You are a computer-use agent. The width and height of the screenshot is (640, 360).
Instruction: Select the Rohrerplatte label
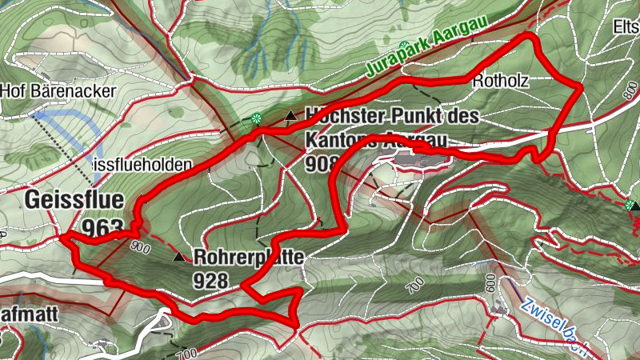tap(248, 259)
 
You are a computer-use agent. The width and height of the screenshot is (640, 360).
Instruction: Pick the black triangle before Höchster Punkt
tap(290, 118)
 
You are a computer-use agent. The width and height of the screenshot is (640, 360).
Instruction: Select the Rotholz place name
tap(502, 79)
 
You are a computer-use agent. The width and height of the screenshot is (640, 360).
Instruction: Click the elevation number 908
tap(319, 163)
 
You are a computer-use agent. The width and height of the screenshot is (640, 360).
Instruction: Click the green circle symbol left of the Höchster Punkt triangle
tap(256, 120)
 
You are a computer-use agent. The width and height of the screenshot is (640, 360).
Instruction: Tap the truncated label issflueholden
tap(142, 165)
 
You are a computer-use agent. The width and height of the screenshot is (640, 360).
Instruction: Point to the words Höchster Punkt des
tap(392, 117)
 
